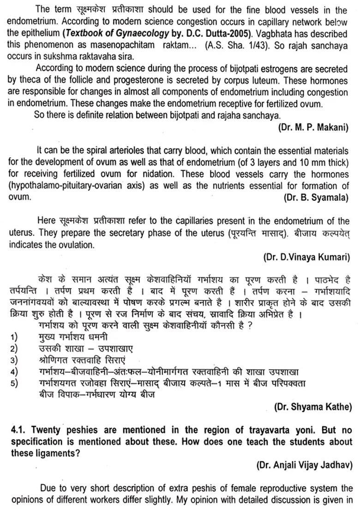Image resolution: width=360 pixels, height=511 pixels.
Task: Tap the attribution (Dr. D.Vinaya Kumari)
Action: [x=306, y=256]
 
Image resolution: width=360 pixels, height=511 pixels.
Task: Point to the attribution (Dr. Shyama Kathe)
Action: [x=312, y=406]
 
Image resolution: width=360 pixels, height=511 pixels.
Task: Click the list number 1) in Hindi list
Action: [x=14, y=337]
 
